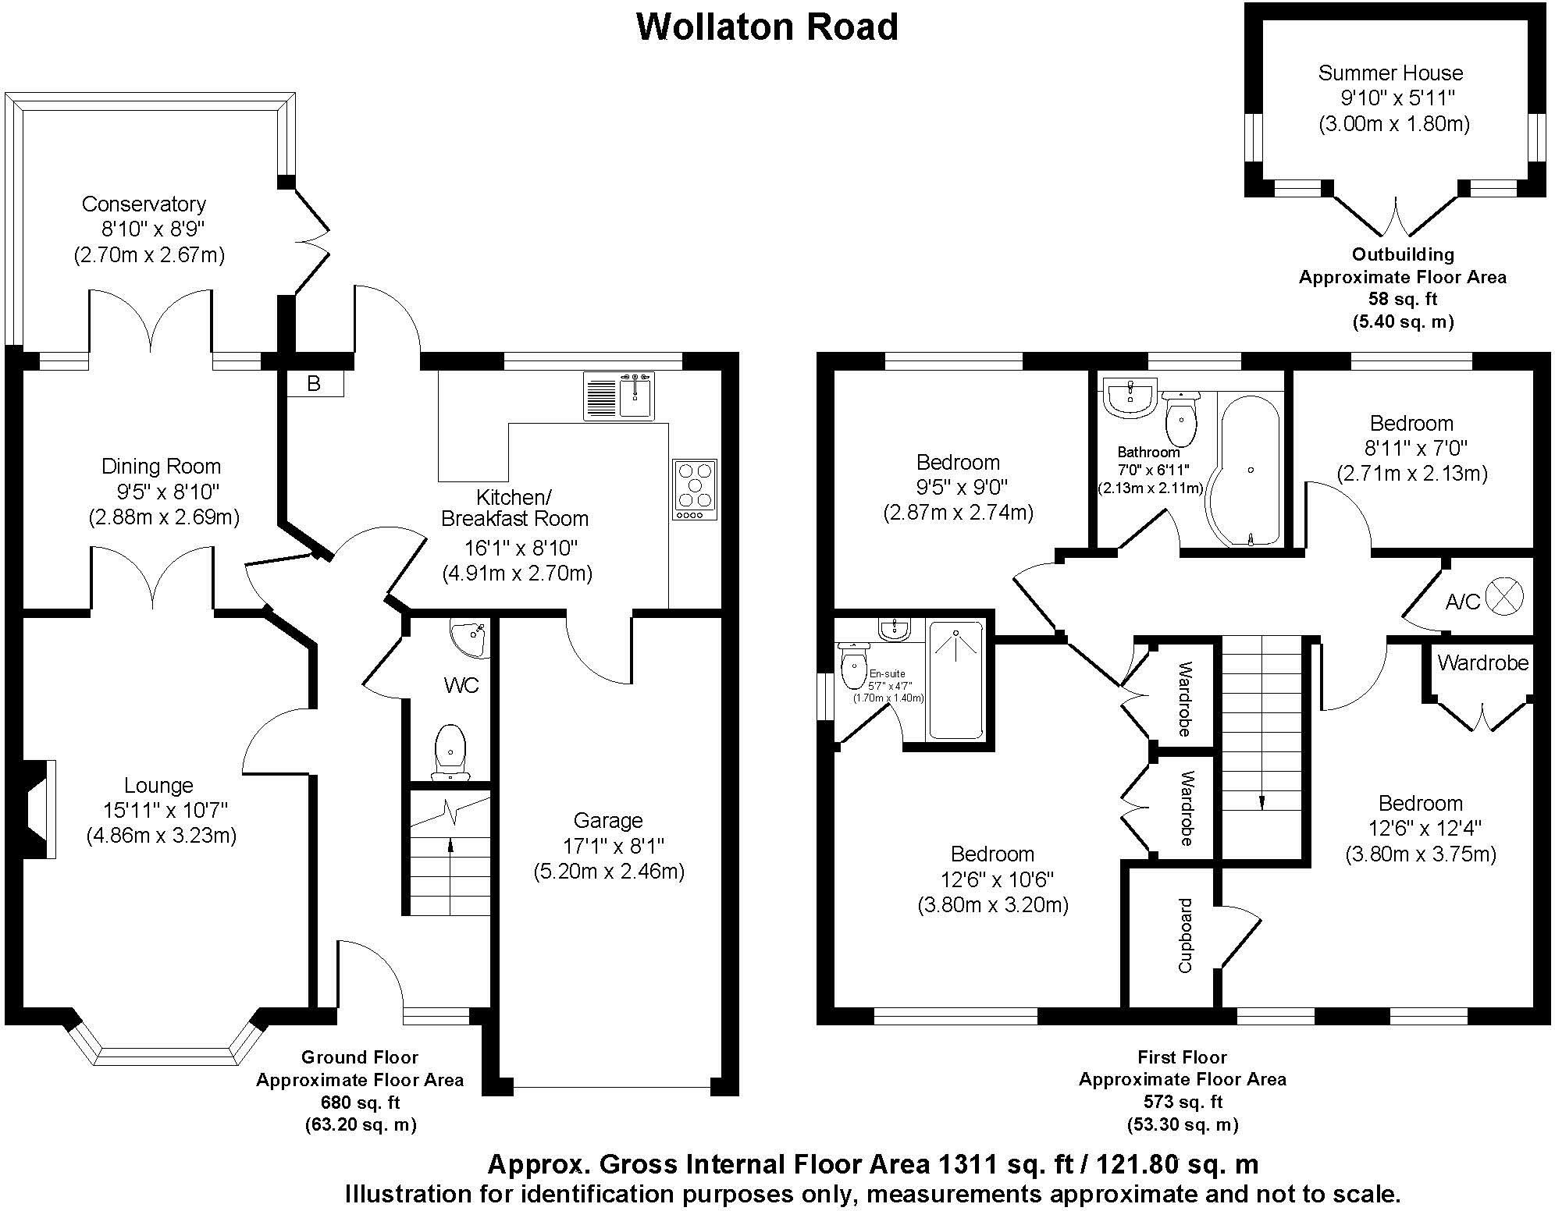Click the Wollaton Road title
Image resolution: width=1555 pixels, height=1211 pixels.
(767, 27)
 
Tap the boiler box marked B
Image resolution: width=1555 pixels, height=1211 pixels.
(314, 384)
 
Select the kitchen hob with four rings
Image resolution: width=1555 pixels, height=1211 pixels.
(694, 489)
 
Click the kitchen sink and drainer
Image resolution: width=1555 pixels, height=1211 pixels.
(618, 396)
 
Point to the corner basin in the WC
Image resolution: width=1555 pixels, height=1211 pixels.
(471, 638)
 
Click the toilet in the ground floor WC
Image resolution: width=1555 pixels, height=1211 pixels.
(450, 751)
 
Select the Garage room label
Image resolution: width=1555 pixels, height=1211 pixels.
(608, 820)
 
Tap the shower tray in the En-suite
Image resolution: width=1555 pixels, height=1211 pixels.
(955, 679)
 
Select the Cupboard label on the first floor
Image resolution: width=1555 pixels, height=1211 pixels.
(1185, 936)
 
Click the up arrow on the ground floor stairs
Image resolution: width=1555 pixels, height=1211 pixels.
(450, 844)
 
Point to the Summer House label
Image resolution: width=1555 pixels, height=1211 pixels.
(1390, 73)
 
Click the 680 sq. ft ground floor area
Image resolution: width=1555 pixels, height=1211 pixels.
(360, 1103)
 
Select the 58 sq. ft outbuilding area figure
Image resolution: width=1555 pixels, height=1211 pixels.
(1402, 299)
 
